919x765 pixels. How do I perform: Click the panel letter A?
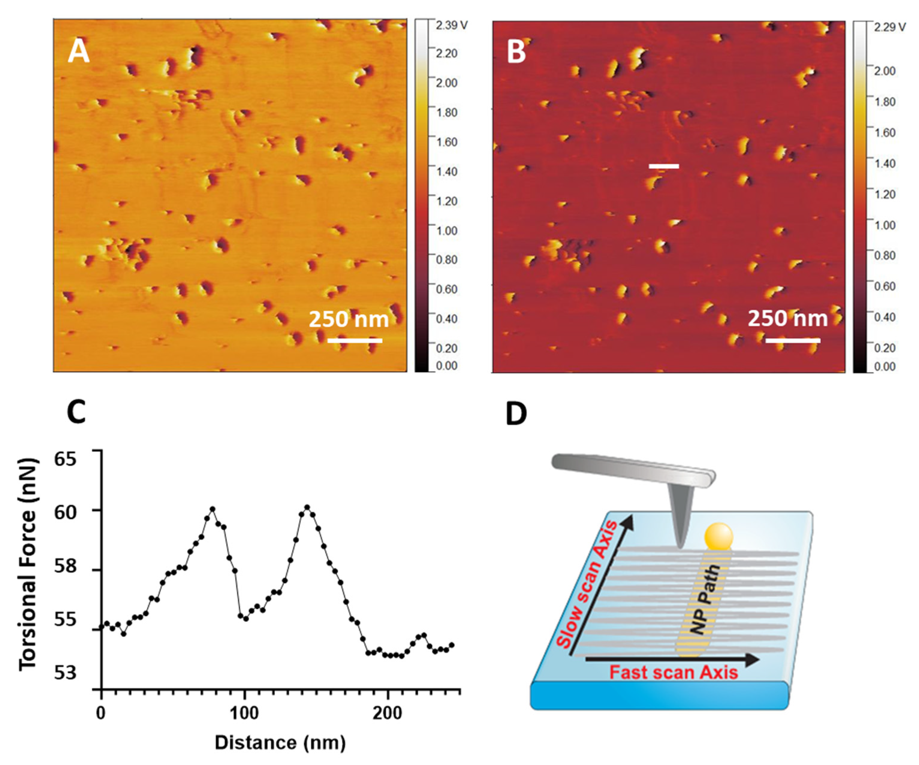tap(79, 52)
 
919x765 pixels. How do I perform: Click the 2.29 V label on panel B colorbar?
tap(890, 27)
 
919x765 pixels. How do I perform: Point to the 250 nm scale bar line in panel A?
tap(355, 340)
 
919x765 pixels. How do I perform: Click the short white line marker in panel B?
tap(663, 166)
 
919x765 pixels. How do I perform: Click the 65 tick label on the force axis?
tap(65, 458)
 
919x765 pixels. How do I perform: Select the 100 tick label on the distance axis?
tap(244, 713)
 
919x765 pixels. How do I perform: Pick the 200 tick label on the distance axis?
tap(387, 713)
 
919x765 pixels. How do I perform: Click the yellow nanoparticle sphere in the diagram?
tap(718, 536)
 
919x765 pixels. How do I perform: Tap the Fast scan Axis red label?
tap(674, 672)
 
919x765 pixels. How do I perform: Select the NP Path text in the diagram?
tap(705, 599)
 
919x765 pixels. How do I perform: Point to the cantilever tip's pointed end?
tap(680, 546)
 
